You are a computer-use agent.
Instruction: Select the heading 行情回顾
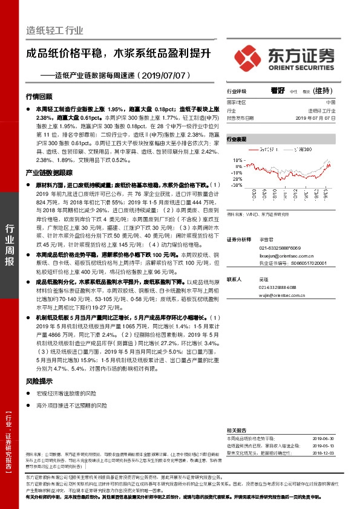point(39,96)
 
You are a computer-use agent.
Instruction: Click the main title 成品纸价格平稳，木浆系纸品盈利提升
point(118,53)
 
